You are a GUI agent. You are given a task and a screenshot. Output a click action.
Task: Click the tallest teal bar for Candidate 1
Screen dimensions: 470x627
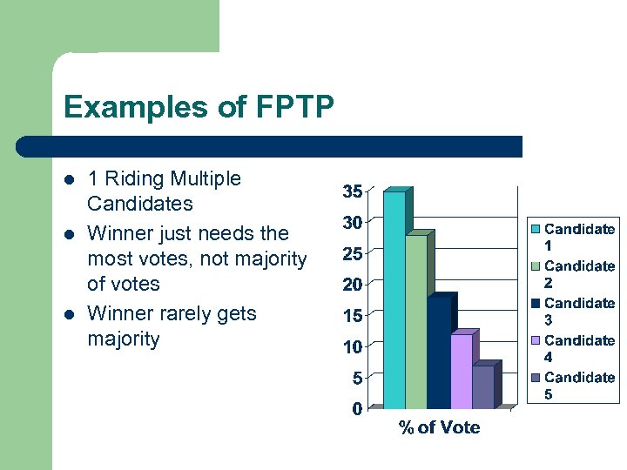394,300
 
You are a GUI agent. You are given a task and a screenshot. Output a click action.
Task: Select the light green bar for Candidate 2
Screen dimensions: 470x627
416,322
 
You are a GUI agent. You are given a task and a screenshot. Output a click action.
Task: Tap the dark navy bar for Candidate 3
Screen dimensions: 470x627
438,352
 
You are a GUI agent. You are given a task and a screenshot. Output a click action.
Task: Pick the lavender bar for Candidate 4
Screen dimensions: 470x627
461,372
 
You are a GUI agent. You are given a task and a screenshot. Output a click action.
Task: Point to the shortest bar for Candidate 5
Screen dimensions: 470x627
482,386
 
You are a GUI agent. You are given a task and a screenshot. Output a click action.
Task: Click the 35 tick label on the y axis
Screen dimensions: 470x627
352,191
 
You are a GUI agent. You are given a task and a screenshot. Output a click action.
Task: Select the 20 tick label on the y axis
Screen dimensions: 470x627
352,285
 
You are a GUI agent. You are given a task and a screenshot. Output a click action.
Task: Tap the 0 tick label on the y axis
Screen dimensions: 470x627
357,409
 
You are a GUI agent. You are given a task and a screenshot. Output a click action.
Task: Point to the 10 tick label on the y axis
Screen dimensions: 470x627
352,346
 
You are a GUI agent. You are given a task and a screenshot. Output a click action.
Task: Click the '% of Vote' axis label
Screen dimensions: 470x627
439,427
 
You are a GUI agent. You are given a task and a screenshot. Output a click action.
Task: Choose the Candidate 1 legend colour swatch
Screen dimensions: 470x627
536,230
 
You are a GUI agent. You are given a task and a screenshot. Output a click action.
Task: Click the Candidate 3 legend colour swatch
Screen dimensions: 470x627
536,304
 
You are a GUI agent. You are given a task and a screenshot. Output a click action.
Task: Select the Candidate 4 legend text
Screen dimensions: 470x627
579,348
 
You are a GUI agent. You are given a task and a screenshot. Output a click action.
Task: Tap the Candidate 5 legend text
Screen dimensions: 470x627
579,386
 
